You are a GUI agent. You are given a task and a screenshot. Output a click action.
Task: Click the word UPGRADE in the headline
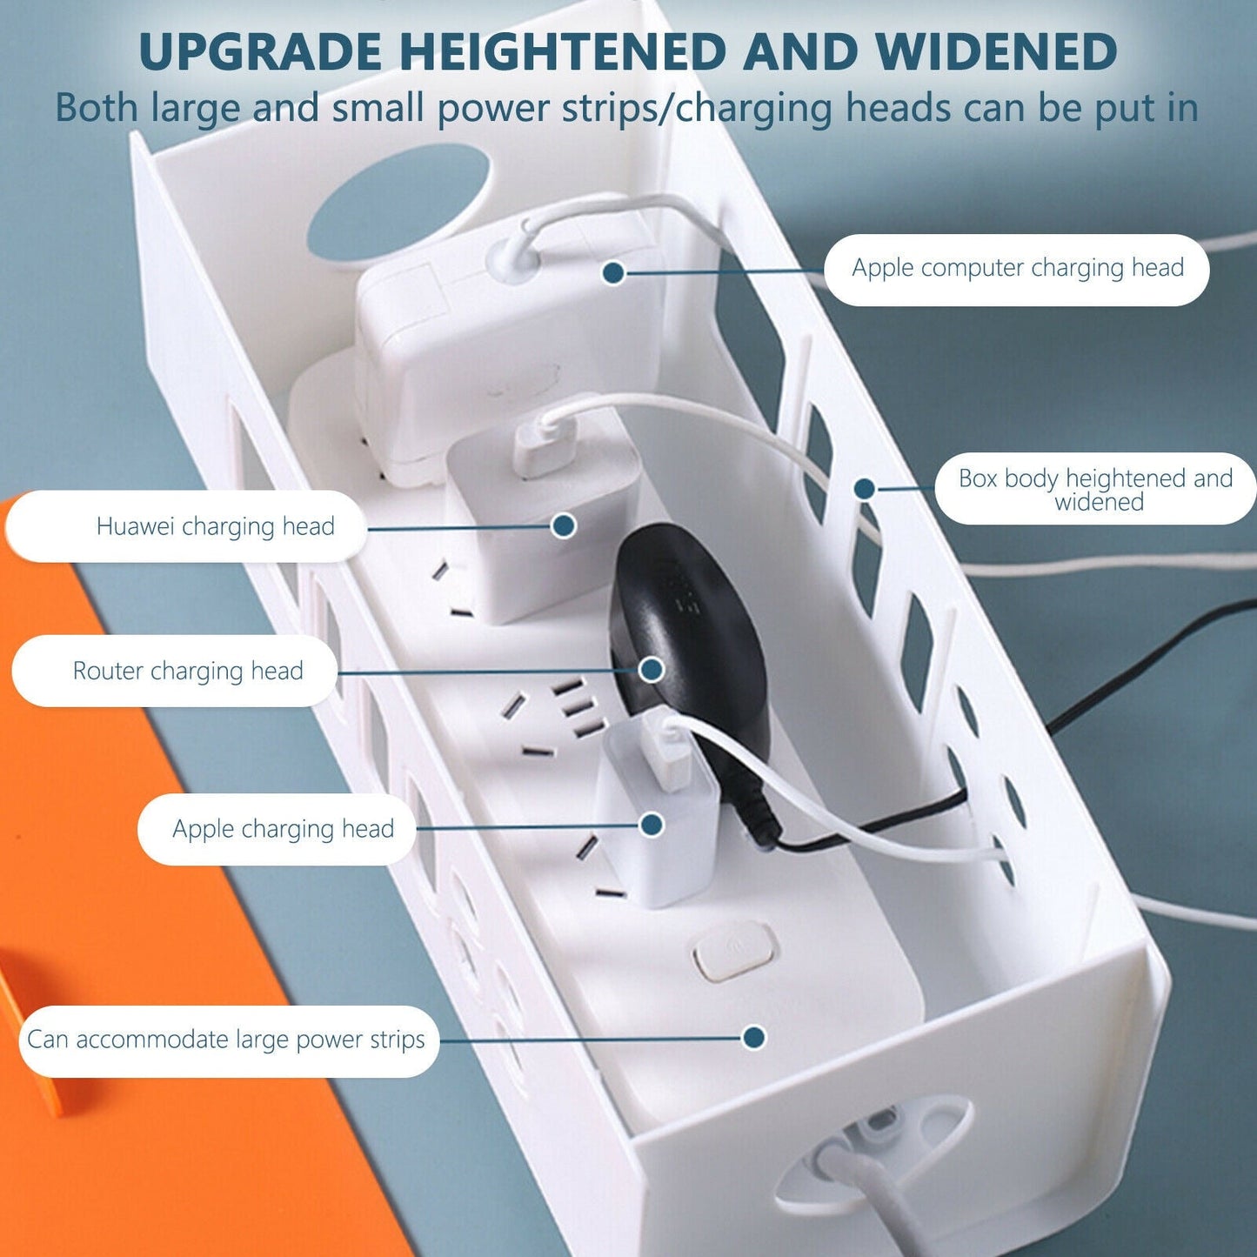click(260, 50)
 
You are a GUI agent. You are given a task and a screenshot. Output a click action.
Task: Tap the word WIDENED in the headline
click(996, 50)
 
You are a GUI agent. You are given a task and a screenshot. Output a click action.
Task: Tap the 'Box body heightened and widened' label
click(1096, 489)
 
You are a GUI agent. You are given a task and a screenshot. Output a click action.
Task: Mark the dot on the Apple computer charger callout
click(613, 272)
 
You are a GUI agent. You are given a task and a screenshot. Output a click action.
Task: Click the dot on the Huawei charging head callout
click(563, 525)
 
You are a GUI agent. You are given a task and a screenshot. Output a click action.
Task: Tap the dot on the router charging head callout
click(651, 669)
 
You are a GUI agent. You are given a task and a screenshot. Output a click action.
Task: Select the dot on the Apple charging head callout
click(651, 826)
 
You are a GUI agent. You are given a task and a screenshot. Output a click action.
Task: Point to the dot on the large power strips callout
click(754, 1037)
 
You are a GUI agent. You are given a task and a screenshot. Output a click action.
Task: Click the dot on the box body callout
click(865, 489)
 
